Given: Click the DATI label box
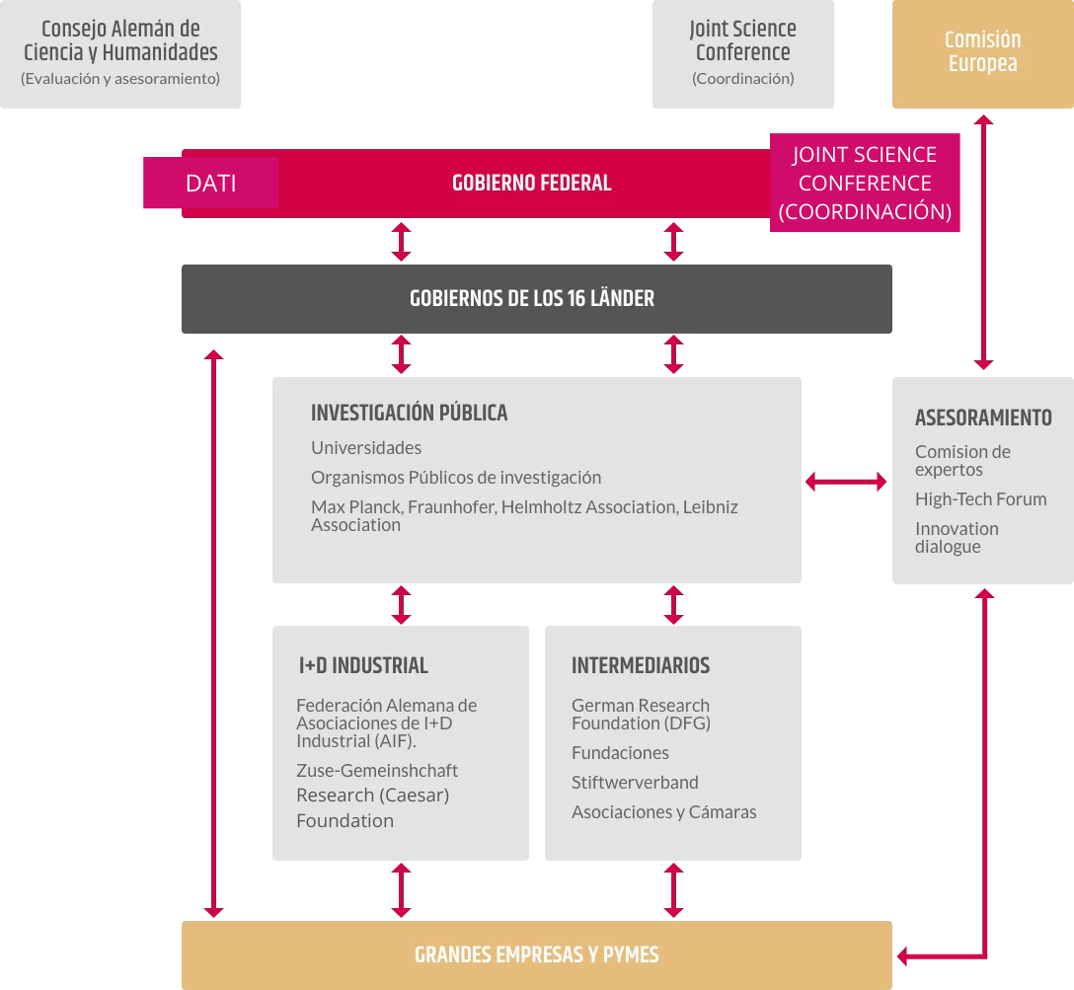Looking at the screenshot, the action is tap(211, 183).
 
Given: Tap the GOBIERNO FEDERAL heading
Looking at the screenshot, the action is tap(531, 183).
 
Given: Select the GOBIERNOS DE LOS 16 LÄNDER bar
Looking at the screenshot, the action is tap(536, 299).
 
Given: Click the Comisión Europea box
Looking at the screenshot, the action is tap(983, 54).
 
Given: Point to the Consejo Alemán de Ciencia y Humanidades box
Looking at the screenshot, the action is tap(120, 54).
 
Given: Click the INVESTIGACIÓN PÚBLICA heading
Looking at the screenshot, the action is tap(409, 413).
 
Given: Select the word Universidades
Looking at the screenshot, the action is tap(366, 448).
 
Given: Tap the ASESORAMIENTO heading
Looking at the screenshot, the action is tap(983, 418).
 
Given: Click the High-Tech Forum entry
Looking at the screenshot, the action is tap(981, 499).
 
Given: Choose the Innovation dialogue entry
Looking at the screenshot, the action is tap(957, 538).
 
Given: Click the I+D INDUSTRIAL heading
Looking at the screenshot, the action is tap(363, 665).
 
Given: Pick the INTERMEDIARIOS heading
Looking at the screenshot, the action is tap(641, 665).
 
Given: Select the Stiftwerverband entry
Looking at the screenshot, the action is tap(635, 783).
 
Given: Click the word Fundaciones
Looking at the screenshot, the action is tap(620, 753).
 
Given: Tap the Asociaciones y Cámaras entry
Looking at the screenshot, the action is tap(663, 812).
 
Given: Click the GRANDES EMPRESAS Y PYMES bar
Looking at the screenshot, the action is tap(536, 955).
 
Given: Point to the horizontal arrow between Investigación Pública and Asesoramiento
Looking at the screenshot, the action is tap(846, 482).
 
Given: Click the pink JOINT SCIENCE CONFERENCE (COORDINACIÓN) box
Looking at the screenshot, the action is tap(865, 183).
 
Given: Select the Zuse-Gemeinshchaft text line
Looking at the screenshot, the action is tap(377, 770).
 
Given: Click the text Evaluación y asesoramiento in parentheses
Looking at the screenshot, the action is tap(120, 79).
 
